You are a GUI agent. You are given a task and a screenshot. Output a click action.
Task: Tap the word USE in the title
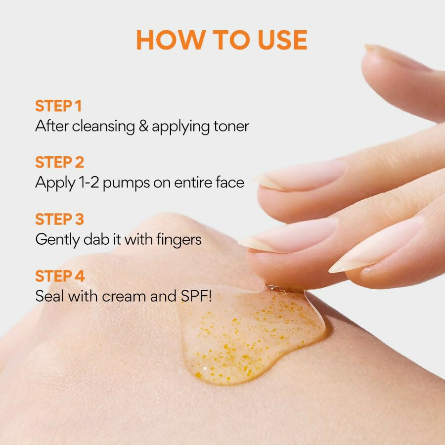pos(283,40)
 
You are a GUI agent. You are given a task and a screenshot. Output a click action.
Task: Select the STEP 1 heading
pos(58,106)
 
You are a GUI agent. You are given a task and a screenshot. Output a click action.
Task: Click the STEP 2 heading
pos(60,162)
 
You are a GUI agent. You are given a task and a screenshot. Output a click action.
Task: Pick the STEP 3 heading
pos(60,219)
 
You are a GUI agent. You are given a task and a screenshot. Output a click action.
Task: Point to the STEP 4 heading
pos(60,276)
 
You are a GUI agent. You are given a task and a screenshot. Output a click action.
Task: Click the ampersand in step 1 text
pos(143,126)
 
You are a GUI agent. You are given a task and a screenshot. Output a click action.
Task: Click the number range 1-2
pos(89,182)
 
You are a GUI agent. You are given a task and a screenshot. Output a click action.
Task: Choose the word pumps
pos(126,183)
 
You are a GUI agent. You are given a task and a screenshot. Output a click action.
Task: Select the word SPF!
pos(196,296)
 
